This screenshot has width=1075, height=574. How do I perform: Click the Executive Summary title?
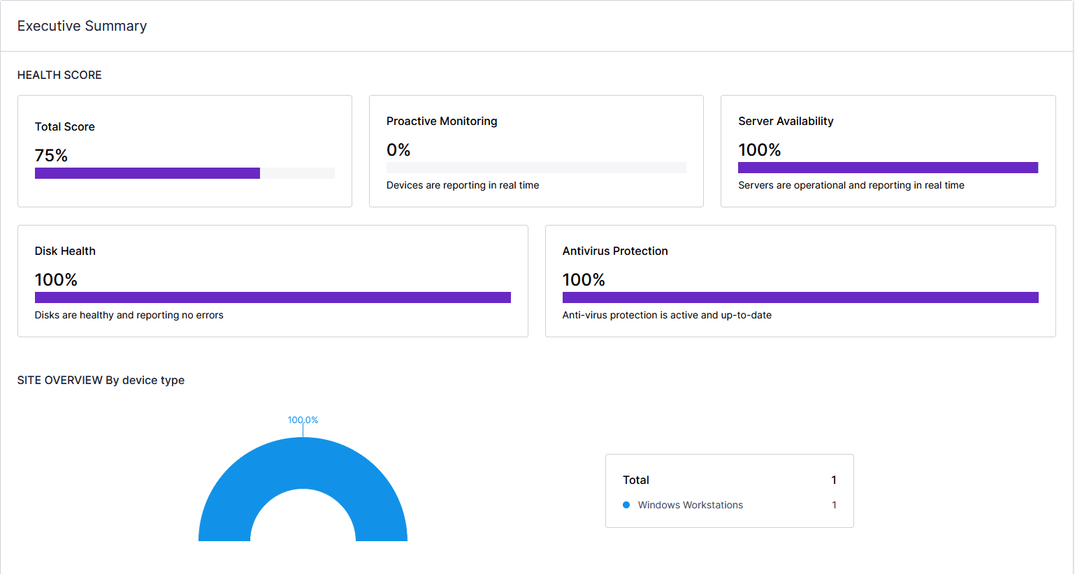pyautogui.click(x=82, y=26)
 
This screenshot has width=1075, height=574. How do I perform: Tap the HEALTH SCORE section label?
pyautogui.click(x=59, y=75)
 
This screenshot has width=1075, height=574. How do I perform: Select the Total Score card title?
pyautogui.click(x=64, y=126)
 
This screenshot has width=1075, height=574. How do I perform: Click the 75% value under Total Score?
pyautogui.click(x=51, y=155)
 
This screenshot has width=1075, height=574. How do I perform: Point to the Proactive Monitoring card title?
pyautogui.click(x=442, y=121)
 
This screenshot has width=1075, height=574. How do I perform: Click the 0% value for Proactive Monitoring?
pyautogui.click(x=398, y=149)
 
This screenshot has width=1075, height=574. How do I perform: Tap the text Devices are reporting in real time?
pyautogui.click(x=463, y=185)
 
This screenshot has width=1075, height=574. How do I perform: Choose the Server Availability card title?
pyautogui.click(x=786, y=121)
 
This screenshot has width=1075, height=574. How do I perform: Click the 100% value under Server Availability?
pyautogui.click(x=759, y=149)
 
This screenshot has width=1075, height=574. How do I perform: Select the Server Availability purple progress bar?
pyautogui.click(x=888, y=168)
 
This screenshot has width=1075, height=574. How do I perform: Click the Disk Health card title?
pyautogui.click(x=65, y=251)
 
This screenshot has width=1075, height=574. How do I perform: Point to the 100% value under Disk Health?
pyautogui.click(x=56, y=279)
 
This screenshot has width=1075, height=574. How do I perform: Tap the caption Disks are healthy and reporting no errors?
pyautogui.click(x=129, y=315)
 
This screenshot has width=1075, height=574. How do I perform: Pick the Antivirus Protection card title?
pyautogui.click(x=615, y=251)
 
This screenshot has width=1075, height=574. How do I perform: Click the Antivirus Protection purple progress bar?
pyautogui.click(x=800, y=297)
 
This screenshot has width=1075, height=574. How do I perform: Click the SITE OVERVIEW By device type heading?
pyautogui.click(x=101, y=380)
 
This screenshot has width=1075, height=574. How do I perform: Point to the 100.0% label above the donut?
pyautogui.click(x=303, y=420)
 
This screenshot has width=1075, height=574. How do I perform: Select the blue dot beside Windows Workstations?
pyautogui.click(x=626, y=505)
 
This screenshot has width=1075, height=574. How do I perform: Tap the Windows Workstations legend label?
pyautogui.click(x=690, y=505)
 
